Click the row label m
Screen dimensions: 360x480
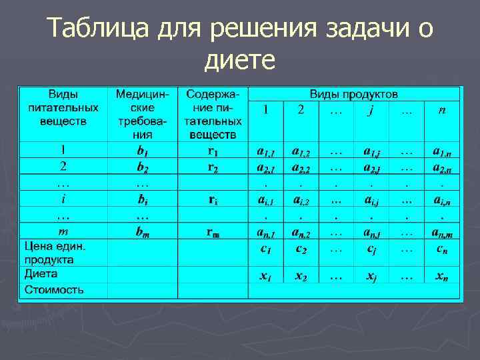point(63,231)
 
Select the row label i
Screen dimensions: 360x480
point(63,199)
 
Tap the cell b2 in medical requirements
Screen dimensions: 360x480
point(142,166)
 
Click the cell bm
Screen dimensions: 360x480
point(142,231)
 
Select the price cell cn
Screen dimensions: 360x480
point(441,249)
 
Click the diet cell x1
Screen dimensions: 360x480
point(265,276)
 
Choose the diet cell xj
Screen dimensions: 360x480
point(371,276)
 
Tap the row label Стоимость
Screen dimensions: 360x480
point(54,290)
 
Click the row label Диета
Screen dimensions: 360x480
point(41,274)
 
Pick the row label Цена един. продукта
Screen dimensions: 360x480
point(56,252)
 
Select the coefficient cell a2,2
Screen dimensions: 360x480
point(301,166)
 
